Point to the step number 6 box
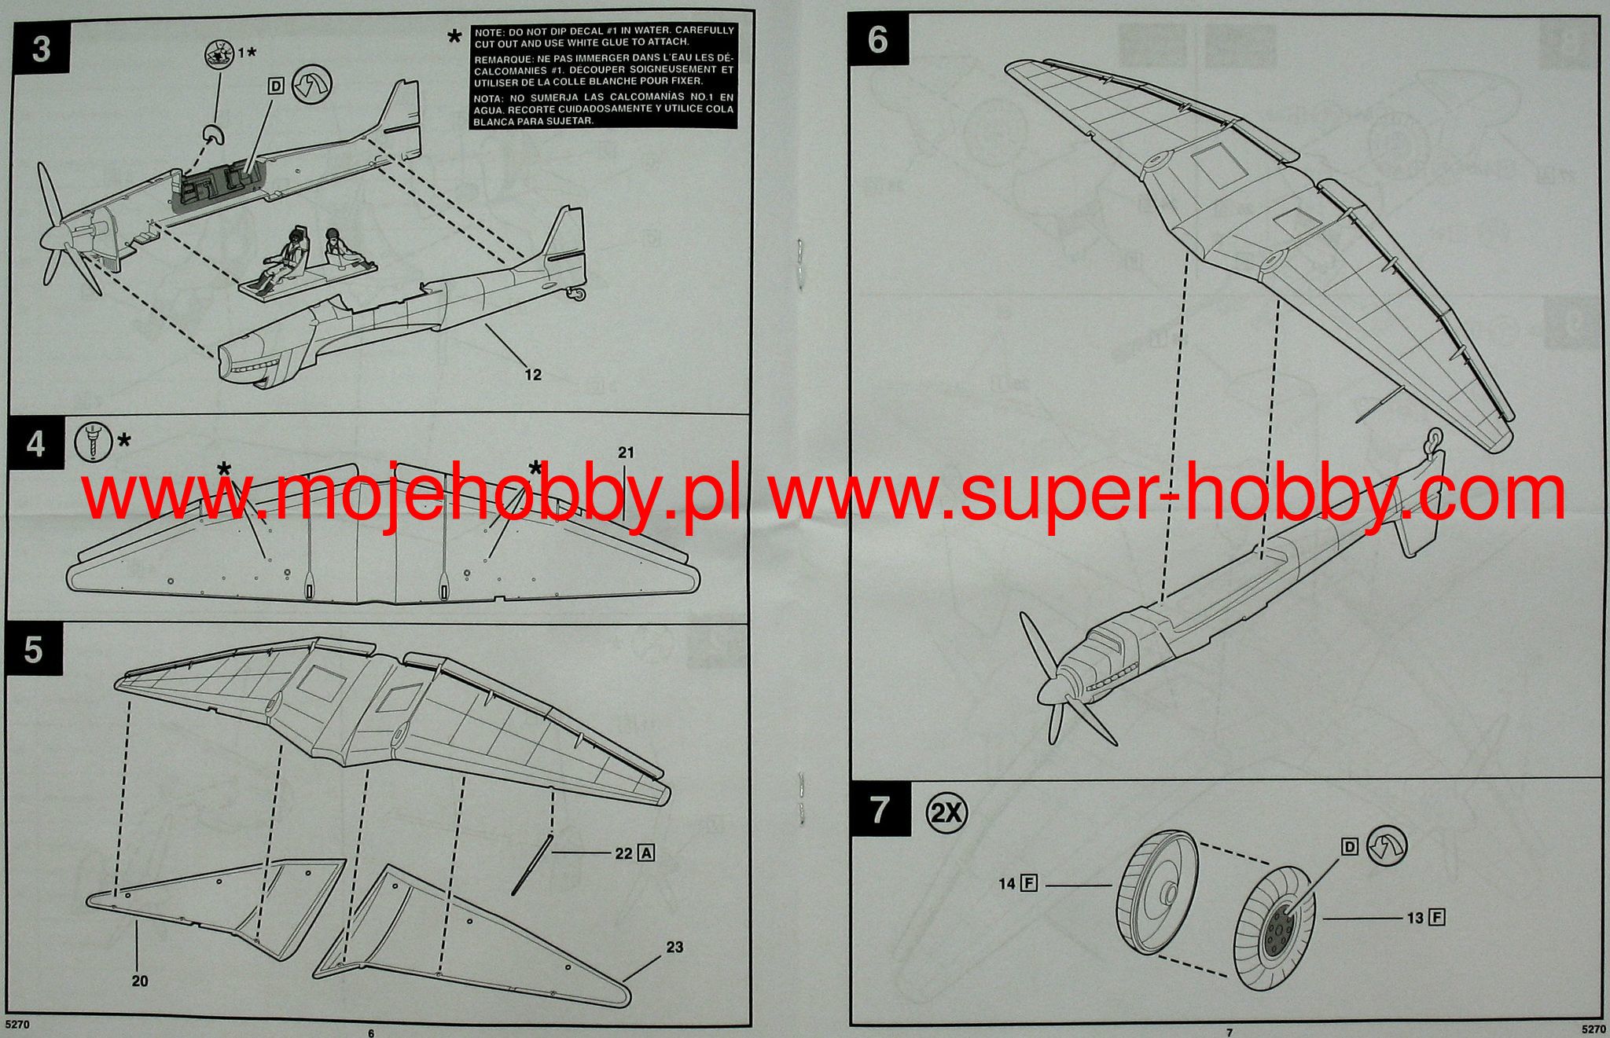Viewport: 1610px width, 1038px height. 878,40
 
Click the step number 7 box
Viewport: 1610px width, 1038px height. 880,810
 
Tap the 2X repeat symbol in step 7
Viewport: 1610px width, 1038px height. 947,811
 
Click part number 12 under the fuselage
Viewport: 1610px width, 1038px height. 533,375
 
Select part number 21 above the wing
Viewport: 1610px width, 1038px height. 626,453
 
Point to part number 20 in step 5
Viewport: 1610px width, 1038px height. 140,981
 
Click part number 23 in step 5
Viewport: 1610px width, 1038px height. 675,947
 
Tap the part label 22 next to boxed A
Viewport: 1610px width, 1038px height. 624,853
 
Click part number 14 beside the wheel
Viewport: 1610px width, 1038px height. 1007,884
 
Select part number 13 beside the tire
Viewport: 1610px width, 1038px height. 1415,918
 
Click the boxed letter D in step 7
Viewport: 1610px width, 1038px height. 1349,846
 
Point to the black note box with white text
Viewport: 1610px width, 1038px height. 604,76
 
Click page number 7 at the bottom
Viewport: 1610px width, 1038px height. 1230,1032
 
